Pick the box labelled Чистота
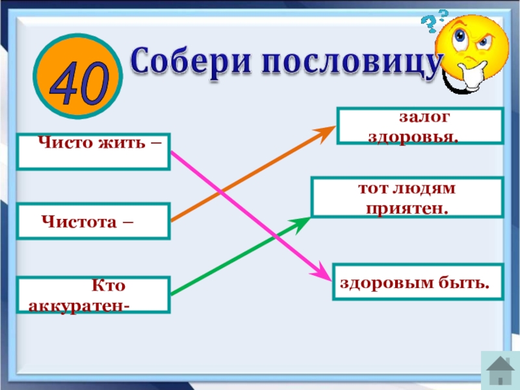click(94, 222)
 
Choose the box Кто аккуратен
click(94, 295)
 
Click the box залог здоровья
click(420, 126)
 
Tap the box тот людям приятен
click(407, 198)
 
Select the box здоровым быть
click(418, 281)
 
